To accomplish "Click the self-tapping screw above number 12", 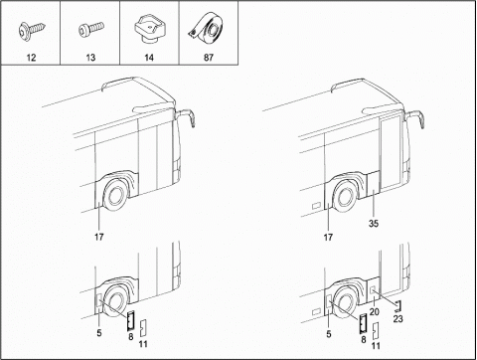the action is pos(32,30).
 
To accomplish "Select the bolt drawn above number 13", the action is pos(91,29).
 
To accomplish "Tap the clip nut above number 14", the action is pos(149,28).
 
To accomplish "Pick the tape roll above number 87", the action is pos(207,27).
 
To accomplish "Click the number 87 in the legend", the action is pos(209,58).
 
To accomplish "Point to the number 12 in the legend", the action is pos(31,58).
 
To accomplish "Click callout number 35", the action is pos(374,224).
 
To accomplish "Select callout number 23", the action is pos(397,319).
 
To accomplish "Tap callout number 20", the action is pos(374,312).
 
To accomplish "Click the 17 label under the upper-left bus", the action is pos(98,237).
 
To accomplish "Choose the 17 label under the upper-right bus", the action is pos(328,238).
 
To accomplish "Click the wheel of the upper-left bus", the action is pos(114,196).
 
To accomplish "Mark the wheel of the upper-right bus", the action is pos(344,196).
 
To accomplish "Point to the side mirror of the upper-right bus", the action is pos(416,118).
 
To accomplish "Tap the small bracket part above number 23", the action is pos(398,306).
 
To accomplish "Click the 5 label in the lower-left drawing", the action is pos(99,333).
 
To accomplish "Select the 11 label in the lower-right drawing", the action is pos(376,346).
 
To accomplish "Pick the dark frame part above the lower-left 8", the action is pos(130,321).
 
